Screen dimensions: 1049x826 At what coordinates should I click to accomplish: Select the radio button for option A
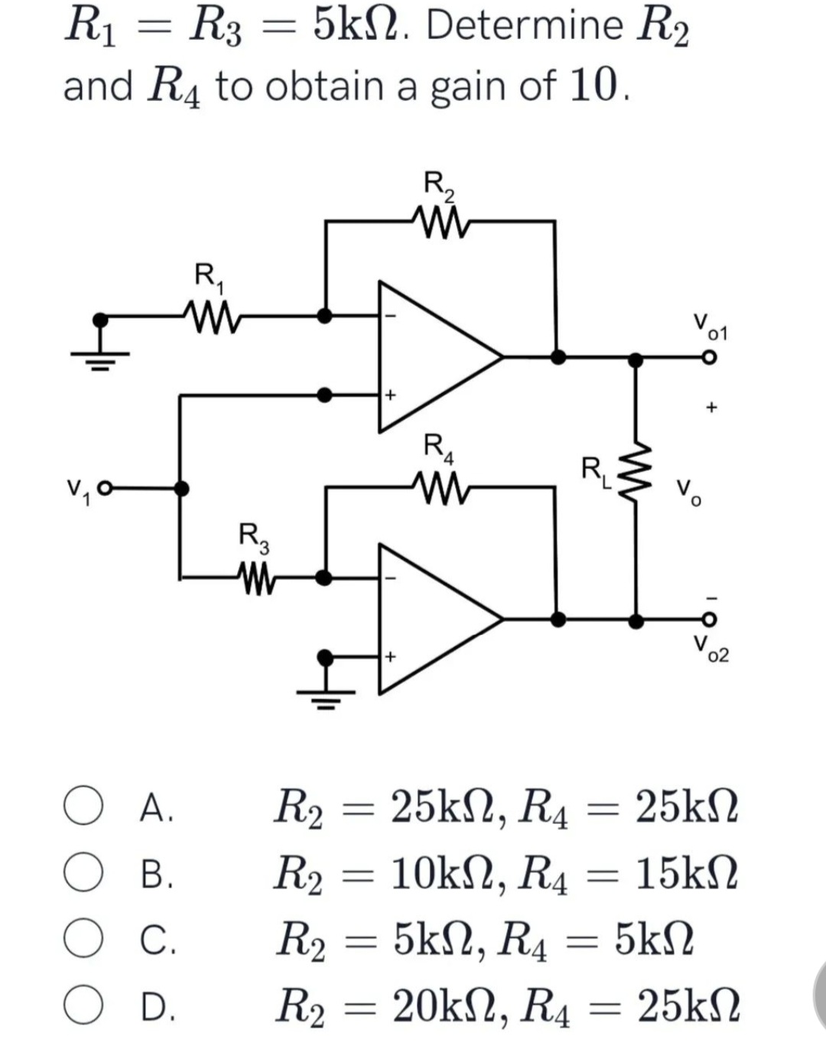(x=83, y=809)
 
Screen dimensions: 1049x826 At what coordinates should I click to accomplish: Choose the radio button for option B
(x=83, y=875)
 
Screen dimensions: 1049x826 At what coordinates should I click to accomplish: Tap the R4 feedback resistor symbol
(x=440, y=485)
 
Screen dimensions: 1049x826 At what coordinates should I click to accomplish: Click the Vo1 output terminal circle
(x=709, y=357)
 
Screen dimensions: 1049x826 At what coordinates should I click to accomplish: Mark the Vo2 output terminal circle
(x=709, y=620)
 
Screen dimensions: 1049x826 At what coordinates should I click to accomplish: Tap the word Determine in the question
(x=524, y=26)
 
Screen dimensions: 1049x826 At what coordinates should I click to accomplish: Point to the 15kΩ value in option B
(x=688, y=875)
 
